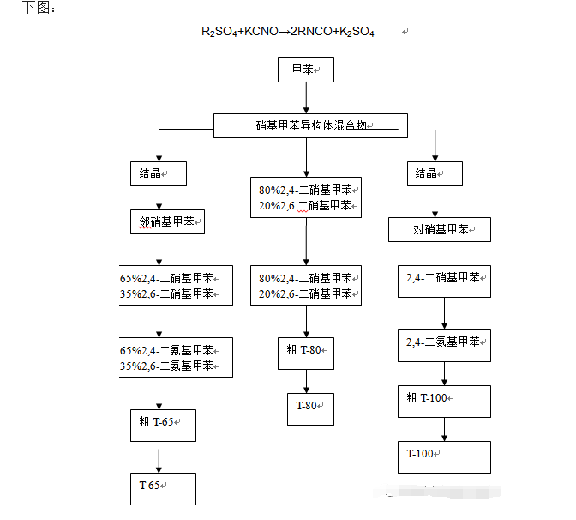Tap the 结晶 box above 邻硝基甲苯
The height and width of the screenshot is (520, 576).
[x=159, y=173]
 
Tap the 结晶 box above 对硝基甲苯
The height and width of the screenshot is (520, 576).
[x=435, y=173]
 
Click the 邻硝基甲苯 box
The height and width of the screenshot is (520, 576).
[x=168, y=222]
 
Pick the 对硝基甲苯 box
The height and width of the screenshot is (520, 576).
[x=440, y=230]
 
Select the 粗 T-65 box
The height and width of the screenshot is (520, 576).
[x=163, y=425]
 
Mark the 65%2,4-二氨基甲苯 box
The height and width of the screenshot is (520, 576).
[x=177, y=357]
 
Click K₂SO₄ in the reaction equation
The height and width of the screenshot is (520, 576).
[x=357, y=32]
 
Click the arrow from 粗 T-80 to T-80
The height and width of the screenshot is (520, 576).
[x=307, y=382]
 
